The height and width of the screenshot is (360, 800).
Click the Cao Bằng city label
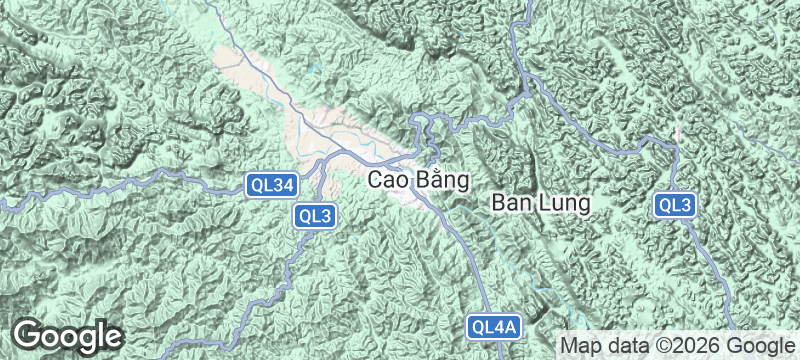pyautogui.click(x=419, y=181)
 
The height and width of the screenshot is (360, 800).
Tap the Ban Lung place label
pyautogui.click(x=541, y=202)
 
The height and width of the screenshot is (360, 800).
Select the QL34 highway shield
pyautogui.click(x=272, y=184)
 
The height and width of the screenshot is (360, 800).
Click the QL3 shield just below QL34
pyautogui.click(x=314, y=215)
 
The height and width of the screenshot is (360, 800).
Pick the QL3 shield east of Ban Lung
pyautogui.click(x=675, y=206)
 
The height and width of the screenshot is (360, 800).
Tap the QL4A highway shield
pyautogui.click(x=494, y=326)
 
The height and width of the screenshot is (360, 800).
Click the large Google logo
pyautogui.click(x=68, y=335)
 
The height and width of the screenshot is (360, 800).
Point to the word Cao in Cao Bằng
pyautogui.click(x=389, y=181)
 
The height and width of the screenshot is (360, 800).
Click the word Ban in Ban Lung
pyautogui.click(x=510, y=202)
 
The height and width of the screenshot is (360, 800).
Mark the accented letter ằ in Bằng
pyautogui.click(x=439, y=180)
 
